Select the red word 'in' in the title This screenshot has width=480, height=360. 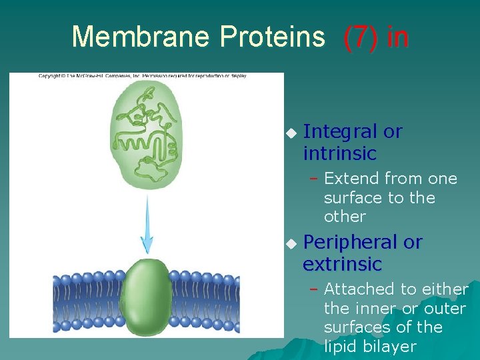397,37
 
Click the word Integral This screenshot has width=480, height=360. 341,132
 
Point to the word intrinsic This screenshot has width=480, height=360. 339,153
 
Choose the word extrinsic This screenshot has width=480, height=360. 342,264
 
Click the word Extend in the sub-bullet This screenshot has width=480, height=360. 351,179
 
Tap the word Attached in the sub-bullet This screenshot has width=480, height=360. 359,289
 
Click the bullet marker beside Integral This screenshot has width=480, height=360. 290,133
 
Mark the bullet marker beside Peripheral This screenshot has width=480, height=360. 290,243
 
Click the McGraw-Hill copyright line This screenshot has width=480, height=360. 142,76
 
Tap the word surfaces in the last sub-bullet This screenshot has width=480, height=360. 350,327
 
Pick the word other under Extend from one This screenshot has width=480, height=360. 345,217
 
